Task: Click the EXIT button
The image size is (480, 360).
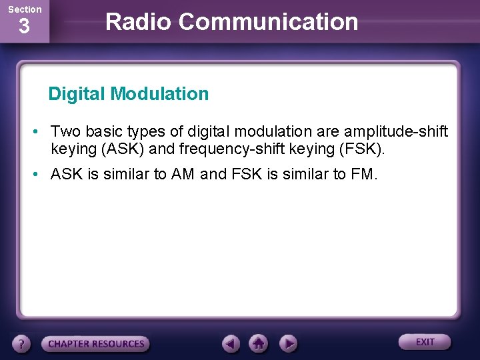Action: [425, 342]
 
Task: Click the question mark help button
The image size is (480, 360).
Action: [22, 344]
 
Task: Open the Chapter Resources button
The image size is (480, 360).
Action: [95, 344]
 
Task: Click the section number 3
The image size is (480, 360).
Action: [24, 27]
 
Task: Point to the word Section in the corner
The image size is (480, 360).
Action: [25, 9]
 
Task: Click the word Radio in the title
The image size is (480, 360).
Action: [139, 22]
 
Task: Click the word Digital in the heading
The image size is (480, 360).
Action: [77, 94]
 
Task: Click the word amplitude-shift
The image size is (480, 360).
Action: [395, 131]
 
